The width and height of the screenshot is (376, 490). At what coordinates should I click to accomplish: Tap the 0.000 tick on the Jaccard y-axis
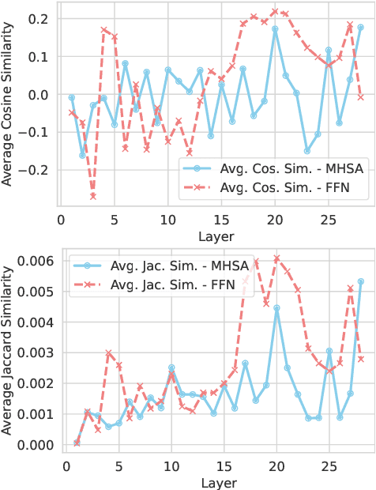click(35, 445)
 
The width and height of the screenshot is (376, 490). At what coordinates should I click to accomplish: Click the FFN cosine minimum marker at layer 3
click(93, 196)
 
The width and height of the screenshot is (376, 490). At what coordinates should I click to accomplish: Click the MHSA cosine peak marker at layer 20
click(275, 28)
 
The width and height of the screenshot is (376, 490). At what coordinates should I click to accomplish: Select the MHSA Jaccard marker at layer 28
click(361, 281)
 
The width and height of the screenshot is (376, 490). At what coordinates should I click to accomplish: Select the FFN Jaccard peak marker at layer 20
click(276, 258)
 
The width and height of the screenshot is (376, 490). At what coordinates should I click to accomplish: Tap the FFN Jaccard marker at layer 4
click(108, 353)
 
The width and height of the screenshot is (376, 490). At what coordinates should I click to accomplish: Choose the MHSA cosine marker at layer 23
click(307, 151)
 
